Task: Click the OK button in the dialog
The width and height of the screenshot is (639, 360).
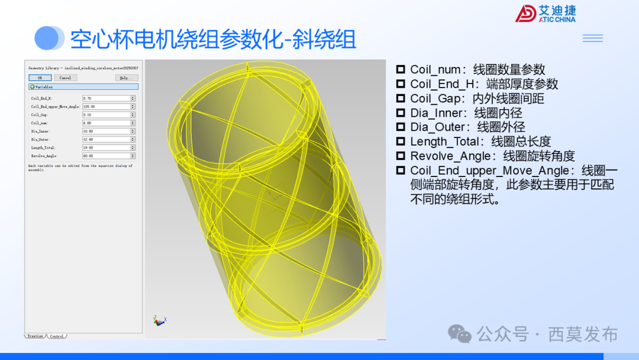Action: coord(40,78)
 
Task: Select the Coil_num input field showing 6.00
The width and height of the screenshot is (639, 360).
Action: coord(106,123)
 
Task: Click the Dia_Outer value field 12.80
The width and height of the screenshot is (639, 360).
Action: coord(106,140)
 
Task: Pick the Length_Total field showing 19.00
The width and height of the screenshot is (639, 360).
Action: coord(106,147)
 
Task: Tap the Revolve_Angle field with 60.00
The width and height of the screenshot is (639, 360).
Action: coord(106,156)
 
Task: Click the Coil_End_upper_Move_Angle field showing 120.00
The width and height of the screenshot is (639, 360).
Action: coord(106,107)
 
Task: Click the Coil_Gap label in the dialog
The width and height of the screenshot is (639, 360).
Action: coord(40,115)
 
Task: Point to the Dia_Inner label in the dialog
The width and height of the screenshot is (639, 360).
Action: coord(41,131)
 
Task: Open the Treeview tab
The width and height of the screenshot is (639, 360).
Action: coord(35,336)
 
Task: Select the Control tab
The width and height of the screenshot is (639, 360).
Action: coord(57,336)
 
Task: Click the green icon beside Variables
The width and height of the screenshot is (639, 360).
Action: coord(32,87)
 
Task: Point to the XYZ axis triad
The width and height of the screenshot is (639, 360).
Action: coord(158,320)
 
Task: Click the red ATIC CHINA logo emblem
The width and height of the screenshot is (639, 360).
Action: coord(525,14)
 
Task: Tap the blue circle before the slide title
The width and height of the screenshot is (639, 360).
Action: coord(49,38)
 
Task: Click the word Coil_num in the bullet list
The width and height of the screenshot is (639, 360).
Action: coord(435,70)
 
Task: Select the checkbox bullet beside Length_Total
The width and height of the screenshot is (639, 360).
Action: coord(401,142)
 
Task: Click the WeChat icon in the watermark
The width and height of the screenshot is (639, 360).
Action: coord(460,334)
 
